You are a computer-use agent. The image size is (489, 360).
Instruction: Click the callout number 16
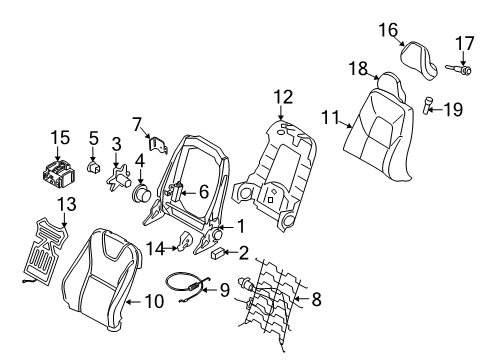click(x=388, y=32)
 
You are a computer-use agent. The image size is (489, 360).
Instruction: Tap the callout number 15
click(x=60, y=136)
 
